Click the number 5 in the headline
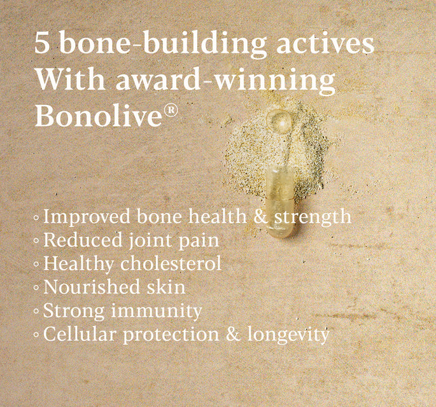pyautogui.click(x=43, y=45)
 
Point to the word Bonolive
pyautogui.click(x=99, y=116)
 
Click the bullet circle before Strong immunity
pyautogui.click(x=36, y=312)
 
